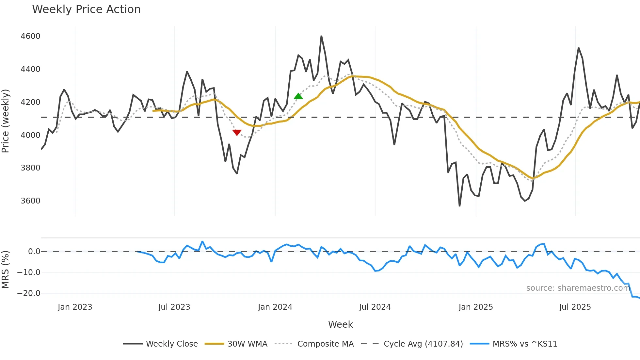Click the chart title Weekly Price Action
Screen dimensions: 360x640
click(x=86, y=9)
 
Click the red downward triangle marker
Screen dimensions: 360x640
click(x=237, y=132)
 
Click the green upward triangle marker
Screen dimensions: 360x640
click(x=298, y=96)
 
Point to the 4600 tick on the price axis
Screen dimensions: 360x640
click(x=30, y=36)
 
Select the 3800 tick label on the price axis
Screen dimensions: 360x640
click(x=30, y=168)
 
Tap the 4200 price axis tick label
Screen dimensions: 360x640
click(x=30, y=102)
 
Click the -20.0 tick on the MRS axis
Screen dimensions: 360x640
click(x=29, y=293)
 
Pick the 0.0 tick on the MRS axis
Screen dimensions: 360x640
click(x=34, y=252)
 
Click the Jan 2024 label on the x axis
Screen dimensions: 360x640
click(x=275, y=307)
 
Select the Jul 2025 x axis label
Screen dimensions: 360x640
click(x=575, y=307)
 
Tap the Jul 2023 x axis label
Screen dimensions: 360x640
click(x=174, y=307)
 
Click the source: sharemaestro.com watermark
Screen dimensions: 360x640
click(x=578, y=288)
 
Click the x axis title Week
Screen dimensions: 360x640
click(x=340, y=324)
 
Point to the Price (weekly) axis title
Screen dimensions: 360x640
click(x=6, y=121)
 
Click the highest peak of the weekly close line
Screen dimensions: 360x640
click(x=321, y=36)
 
